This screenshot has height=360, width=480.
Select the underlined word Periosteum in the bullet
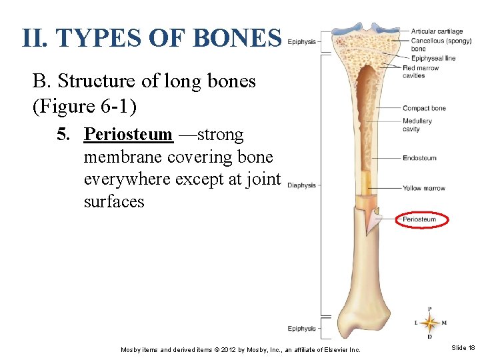point(128,135)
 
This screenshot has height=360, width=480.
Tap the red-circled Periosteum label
point(419,219)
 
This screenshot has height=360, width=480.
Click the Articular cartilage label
point(437,31)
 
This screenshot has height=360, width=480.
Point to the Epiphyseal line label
point(433,58)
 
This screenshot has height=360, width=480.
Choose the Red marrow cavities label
point(420,71)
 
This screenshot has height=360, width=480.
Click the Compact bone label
point(424,108)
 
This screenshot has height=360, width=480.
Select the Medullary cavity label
point(417,125)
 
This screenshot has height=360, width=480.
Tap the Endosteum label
point(419,158)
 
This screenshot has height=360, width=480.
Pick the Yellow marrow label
point(424,188)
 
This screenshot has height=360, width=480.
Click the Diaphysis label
point(302,185)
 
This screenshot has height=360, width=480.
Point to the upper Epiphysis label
point(302,41)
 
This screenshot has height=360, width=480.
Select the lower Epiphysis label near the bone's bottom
point(302,328)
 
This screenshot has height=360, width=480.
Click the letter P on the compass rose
point(429,309)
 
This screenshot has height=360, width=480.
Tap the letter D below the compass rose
point(429,337)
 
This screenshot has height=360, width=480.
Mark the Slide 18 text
point(463,348)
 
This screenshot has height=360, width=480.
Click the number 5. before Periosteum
point(63,135)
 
